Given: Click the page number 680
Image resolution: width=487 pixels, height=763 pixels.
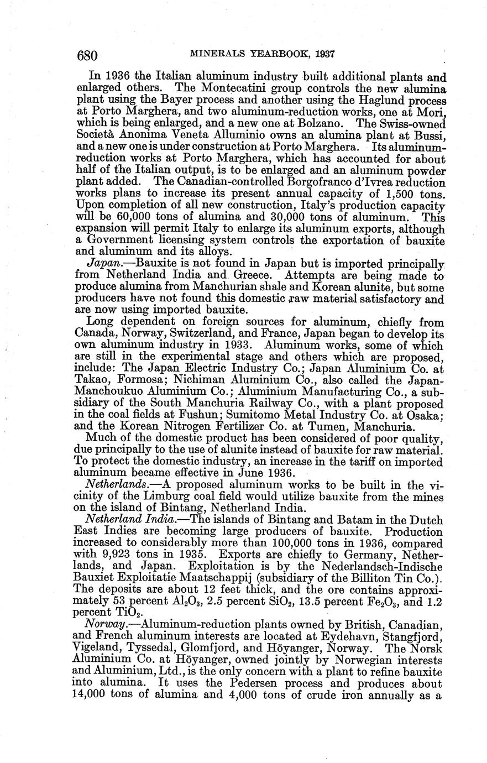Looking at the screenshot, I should pyautogui.click(x=87, y=55).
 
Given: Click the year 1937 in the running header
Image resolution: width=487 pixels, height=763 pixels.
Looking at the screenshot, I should pyautogui.click(x=324, y=54).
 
